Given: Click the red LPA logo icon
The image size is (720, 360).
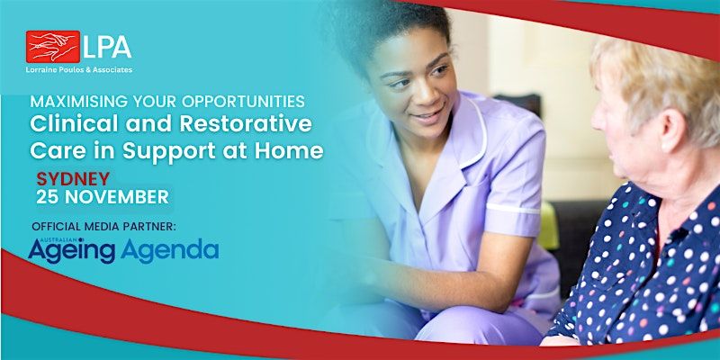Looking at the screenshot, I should click(x=53, y=46).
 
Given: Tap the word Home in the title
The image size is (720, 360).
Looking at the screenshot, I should click(x=292, y=150).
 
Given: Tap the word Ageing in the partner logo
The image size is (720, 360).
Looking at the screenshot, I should click(x=72, y=249).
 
